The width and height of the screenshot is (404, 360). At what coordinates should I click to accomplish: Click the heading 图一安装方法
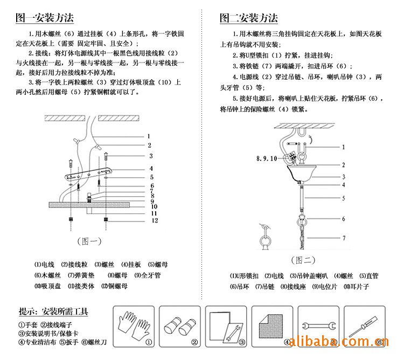[x=45, y=18]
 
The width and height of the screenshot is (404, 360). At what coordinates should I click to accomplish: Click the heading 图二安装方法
[x=248, y=18]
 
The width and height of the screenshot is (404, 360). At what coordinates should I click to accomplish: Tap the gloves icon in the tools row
[x=134, y=324]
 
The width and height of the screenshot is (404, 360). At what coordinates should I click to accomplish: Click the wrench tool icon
[x=317, y=326]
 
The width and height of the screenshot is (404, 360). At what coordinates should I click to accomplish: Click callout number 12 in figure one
[x=154, y=220]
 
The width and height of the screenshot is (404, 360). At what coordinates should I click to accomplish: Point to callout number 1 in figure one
[x=149, y=137]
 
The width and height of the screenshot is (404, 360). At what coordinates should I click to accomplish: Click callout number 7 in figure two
[x=343, y=238]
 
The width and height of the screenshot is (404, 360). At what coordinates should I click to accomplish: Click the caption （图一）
[x=89, y=240]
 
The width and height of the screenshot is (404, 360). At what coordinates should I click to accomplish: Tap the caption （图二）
[x=303, y=260]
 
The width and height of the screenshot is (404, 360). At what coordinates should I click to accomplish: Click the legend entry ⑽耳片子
[x=357, y=287]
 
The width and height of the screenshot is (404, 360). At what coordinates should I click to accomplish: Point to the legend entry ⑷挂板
[x=131, y=265]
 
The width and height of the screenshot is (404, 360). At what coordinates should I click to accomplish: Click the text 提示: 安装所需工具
[x=53, y=311]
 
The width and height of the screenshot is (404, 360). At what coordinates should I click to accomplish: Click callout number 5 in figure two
[x=343, y=198]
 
